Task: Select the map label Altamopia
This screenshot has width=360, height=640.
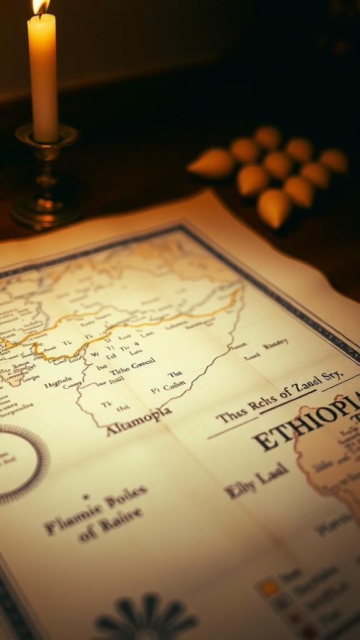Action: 138,421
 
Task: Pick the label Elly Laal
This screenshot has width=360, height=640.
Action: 256,479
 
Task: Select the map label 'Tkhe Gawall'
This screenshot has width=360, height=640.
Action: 132,369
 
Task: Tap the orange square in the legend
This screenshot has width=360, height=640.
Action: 270,587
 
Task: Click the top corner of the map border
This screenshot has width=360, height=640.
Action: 181,227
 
